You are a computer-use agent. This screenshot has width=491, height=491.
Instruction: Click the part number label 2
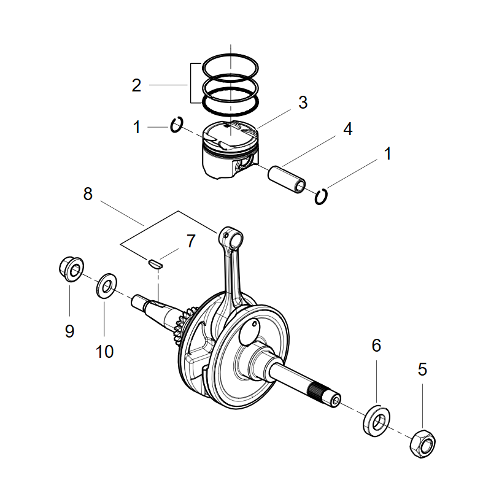(x=136, y=85)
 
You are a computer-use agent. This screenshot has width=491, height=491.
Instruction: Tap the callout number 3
(x=303, y=102)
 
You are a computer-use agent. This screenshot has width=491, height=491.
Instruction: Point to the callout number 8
(x=88, y=194)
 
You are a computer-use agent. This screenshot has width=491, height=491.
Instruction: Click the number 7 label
(x=190, y=241)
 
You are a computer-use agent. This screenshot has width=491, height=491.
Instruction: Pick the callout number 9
(x=69, y=331)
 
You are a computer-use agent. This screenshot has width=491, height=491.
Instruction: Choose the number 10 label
(x=104, y=352)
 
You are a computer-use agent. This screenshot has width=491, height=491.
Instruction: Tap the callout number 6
(x=376, y=345)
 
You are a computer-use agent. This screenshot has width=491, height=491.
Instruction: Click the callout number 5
(x=422, y=369)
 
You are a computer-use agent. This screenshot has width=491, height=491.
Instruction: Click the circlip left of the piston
(x=176, y=125)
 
